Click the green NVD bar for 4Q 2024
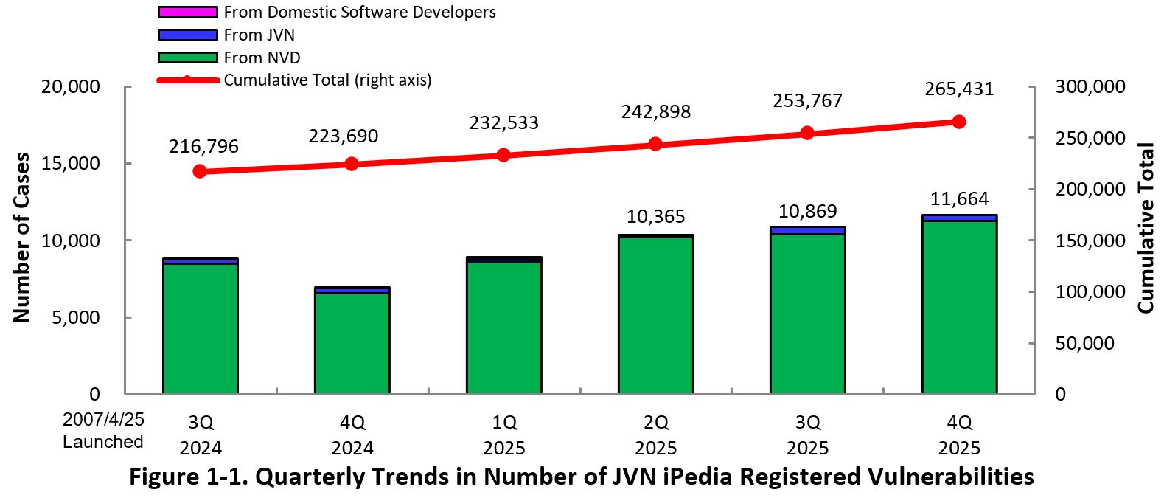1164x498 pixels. [x=352, y=343]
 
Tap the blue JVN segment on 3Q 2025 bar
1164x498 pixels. [x=807, y=231]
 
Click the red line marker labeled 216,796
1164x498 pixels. [x=200, y=171]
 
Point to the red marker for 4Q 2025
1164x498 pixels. [x=959, y=122]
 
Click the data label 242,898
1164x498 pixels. [x=655, y=112]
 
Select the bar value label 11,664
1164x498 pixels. [x=959, y=199]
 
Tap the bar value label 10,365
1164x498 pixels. [x=655, y=217]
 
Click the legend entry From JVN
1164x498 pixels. [x=259, y=35]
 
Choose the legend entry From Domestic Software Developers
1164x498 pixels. [x=359, y=12]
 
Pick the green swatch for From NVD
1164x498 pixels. [x=188, y=58]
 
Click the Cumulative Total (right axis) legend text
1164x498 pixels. [x=327, y=80]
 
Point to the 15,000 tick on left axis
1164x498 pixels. [x=70, y=164]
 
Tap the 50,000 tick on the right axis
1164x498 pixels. [x=1084, y=344]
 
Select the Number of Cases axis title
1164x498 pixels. [x=21, y=238]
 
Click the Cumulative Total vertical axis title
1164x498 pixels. [x=1145, y=228]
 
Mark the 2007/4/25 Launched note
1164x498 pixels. [x=103, y=431]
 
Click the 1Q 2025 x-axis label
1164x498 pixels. [x=504, y=435]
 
